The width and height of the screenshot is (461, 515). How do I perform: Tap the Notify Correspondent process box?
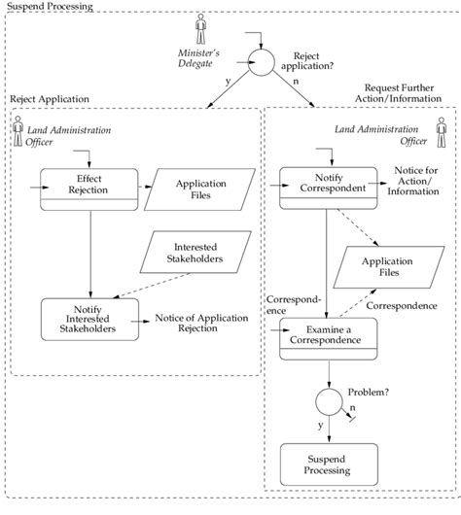324,181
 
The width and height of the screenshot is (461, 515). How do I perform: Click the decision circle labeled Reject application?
261,61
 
